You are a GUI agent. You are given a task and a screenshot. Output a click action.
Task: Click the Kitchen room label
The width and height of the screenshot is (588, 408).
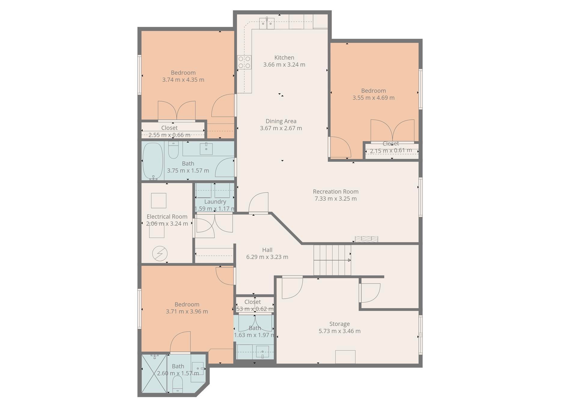pos(284,58)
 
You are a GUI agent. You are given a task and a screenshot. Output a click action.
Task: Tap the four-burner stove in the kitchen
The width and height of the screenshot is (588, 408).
pos(244,62)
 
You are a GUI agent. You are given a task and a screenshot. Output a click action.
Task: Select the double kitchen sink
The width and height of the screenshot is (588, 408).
pos(267,23)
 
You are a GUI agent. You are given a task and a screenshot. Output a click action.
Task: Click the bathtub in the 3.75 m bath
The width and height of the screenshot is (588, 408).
pos(153,161)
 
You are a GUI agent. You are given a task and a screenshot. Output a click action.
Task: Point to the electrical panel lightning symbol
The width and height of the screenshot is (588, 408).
pos(160,254)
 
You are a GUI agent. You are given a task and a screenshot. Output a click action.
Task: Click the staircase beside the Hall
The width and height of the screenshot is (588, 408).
pos(332,260)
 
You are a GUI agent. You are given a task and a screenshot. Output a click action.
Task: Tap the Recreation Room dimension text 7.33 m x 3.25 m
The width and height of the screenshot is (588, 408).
pos(335,199)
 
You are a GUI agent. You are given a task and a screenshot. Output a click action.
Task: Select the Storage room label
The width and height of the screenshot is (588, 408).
pos(339,324)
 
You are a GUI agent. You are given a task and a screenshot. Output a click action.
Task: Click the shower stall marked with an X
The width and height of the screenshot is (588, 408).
pos(154,373)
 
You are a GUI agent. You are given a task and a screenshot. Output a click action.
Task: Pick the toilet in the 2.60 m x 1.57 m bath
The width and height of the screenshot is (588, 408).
pos(177,384)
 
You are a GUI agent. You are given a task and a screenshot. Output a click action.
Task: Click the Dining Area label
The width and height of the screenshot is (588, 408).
pos(281,121)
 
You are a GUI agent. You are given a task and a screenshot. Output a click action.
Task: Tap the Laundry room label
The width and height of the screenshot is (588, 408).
pos(215,202)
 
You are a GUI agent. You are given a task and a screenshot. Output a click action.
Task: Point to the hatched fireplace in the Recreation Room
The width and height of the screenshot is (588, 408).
pos(366,239)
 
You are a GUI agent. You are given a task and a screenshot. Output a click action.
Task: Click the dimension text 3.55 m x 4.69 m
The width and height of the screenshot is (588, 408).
pos(373,98)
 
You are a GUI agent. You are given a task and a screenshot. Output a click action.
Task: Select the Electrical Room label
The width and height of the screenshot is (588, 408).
pos(167,217)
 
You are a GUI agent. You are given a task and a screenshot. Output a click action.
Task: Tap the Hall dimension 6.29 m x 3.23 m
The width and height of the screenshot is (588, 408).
pos(267,257)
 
